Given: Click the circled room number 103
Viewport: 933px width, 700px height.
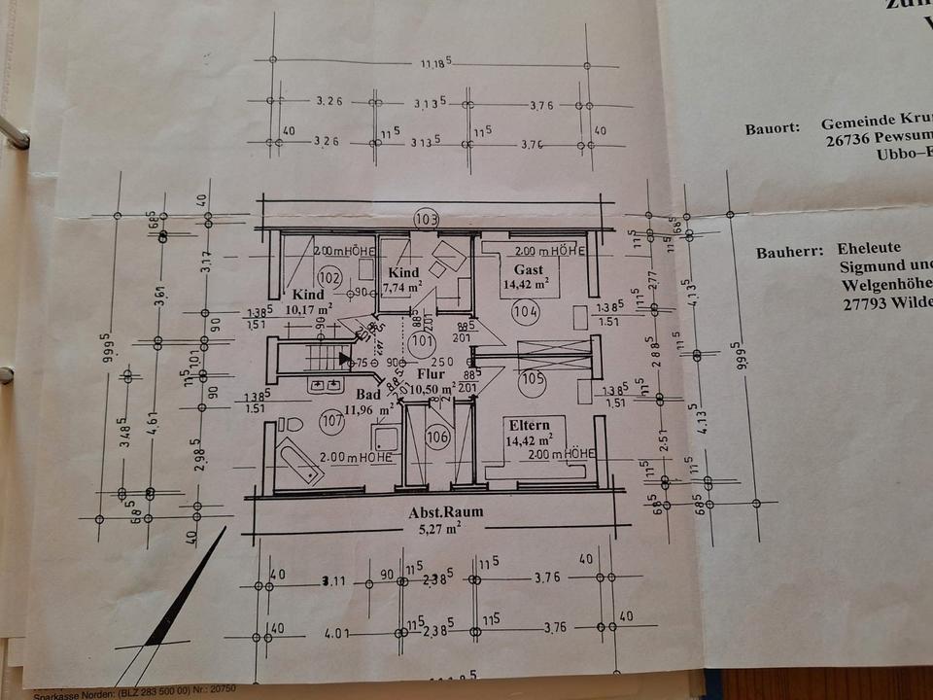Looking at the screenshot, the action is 425,218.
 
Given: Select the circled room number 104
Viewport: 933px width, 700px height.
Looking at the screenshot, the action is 526,311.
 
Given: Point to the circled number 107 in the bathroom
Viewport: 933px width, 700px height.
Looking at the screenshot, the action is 332,421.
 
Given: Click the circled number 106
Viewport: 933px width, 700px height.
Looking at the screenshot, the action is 437,437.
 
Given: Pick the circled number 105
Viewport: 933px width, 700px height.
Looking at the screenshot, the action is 532,379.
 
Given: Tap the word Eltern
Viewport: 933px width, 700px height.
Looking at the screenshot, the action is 529,425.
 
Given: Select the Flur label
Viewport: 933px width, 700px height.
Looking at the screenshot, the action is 431,373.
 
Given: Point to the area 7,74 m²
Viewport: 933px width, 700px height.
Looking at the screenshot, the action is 401,288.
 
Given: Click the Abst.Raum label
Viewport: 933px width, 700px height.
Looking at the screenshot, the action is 446,512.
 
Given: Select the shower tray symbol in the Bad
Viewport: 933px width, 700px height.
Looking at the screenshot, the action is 385,438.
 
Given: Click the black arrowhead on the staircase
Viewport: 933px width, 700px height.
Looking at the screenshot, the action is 343,359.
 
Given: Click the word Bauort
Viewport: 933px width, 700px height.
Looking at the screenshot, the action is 772,127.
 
